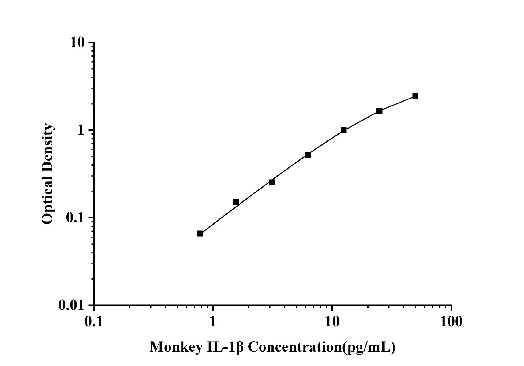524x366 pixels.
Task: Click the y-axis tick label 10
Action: (77, 42)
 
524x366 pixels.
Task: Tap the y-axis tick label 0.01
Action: (71, 305)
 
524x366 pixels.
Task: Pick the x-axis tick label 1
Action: (213, 321)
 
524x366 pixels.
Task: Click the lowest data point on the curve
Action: (200, 233)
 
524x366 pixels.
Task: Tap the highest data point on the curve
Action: (415, 96)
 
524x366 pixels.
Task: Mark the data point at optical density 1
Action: (343, 130)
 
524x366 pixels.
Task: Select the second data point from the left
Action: (236, 202)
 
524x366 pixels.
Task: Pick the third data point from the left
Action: (272, 182)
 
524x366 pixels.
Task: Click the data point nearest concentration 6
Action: (308, 155)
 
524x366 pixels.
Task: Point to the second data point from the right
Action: (379, 111)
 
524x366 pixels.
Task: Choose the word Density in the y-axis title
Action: (47, 148)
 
